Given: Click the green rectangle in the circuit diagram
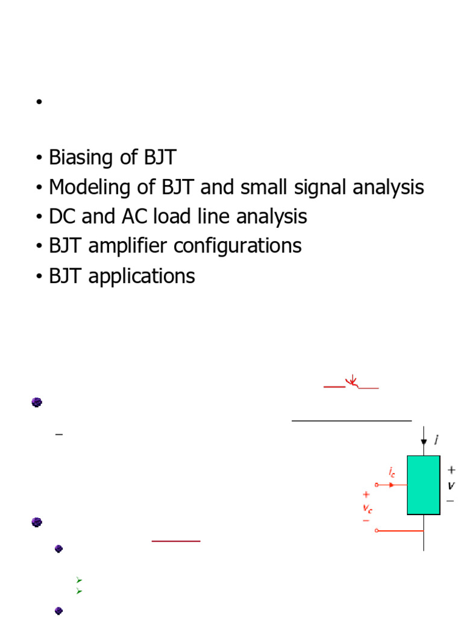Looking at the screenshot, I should click(423, 485).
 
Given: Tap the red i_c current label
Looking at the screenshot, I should click(392, 474).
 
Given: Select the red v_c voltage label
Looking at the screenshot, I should click(367, 507).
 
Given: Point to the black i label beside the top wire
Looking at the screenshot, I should click(436, 440).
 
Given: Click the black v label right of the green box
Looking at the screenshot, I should click(450, 485).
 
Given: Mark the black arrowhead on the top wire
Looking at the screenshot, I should click(424, 442).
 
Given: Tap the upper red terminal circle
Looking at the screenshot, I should click(377, 484).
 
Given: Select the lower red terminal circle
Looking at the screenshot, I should click(377, 530).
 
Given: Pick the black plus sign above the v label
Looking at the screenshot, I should click(451, 469).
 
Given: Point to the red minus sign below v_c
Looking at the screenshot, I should click(366, 520).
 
